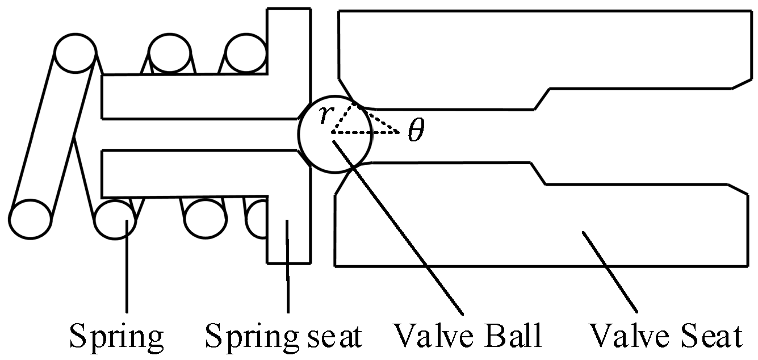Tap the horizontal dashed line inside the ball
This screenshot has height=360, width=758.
point(363,132)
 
